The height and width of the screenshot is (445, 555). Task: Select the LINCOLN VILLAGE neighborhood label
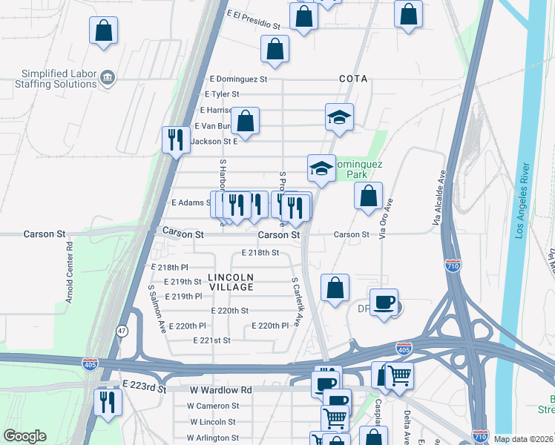click(231, 282)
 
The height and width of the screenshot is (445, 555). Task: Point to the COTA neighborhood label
click(353, 79)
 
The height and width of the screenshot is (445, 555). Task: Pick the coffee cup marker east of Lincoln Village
click(384, 303)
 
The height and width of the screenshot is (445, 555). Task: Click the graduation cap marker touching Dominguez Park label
click(321, 168)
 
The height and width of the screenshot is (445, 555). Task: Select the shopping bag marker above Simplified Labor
click(103, 31)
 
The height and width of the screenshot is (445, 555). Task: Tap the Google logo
click(24, 436)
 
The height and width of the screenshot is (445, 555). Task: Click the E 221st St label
click(211, 340)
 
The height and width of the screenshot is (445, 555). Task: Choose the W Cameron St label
click(213, 406)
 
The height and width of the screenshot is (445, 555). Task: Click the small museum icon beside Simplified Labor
click(108, 77)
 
